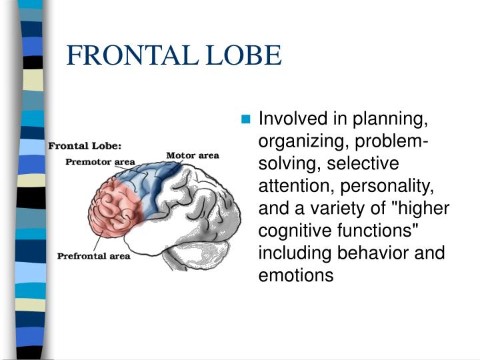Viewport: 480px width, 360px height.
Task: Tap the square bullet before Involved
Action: pos(246,120)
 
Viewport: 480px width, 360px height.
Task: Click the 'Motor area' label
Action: pos(192,155)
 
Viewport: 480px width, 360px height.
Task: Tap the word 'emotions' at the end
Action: pos(295,275)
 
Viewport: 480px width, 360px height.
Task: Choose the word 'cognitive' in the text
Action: pos(292,231)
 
